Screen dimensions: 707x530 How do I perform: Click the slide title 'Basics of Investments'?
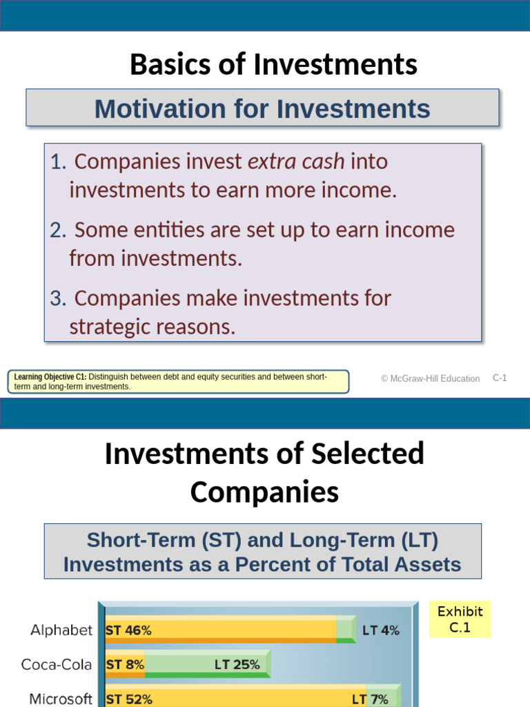point(273,65)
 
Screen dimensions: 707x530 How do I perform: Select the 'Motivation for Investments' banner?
point(262,108)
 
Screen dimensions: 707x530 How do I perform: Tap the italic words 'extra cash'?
point(296,162)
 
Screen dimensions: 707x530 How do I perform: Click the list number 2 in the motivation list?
point(57,230)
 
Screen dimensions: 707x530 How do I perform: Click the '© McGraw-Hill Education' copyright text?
point(430,378)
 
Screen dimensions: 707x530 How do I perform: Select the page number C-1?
point(500,378)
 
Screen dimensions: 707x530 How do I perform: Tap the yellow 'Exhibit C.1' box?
point(460,619)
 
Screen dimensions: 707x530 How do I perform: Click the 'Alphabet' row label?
point(61,630)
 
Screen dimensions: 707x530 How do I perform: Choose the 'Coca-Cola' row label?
point(57,665)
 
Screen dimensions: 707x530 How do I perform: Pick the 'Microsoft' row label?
point(61,699)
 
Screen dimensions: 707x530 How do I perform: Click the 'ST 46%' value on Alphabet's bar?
point(128,630)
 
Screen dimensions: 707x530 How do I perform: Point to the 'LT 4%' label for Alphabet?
point(380,630)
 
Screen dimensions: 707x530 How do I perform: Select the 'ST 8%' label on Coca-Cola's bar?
point(125,665)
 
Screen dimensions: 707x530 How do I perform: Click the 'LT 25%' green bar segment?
point(237,665)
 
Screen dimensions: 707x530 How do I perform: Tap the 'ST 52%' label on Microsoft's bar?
point(129,699)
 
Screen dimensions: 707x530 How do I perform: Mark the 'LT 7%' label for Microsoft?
point(370,699)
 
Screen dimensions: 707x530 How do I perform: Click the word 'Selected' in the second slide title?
point(368,454)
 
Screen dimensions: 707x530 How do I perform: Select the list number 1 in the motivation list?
point(57,162)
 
